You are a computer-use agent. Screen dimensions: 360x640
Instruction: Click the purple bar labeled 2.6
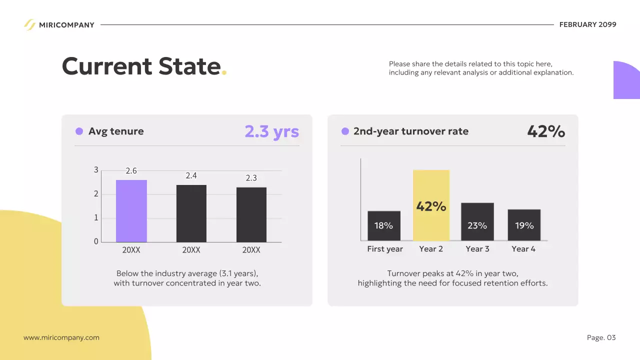point(131,211)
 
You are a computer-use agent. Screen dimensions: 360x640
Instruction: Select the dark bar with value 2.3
point(251,214)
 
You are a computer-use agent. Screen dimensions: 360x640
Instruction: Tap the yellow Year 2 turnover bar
point(431,205)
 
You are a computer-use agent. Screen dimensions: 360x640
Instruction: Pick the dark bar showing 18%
point(384,225)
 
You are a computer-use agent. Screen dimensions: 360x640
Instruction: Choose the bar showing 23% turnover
point(477,221)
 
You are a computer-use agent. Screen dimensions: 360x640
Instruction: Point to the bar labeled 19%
point(524,225)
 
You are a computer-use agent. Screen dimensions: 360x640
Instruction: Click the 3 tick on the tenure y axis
point(96,170)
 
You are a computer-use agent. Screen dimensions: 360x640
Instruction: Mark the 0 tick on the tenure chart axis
point(96,241)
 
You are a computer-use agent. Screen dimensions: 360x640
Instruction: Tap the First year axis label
point(385,249)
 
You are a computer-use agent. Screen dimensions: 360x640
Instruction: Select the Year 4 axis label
point(523,249)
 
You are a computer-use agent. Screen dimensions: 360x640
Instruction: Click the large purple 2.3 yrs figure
point(271,131)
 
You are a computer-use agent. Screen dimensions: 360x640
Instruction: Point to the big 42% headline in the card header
point(546,131)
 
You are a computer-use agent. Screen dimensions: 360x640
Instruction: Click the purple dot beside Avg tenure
point(79,131)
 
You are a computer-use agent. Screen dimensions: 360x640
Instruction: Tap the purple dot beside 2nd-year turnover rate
point(345,131)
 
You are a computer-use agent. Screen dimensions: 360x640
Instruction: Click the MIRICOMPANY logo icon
point(29,24)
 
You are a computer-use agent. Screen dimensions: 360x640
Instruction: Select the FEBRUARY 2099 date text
point(587,24)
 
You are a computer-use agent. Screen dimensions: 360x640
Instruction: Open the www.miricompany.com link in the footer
point(61,337)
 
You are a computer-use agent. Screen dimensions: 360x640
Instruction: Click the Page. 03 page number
point(601,337)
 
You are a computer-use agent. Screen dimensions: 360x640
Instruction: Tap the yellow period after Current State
point(224,73)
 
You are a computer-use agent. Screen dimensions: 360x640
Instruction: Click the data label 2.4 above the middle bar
point(191,175)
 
